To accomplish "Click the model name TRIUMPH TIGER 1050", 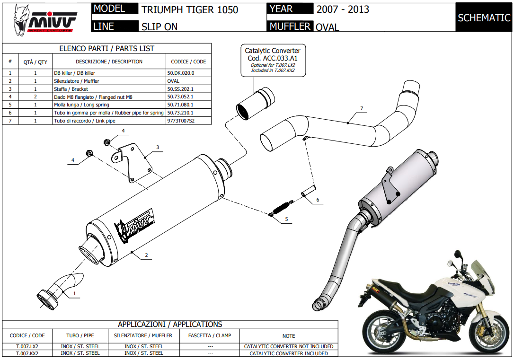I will pyautogui.click(x=189, y=9).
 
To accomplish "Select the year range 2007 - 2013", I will pyautogui.click(x=343, y=9).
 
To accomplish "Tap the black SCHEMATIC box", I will pyautogui.click(x=484, y=18).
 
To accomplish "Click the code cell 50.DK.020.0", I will pyautogui.click(x=181, y=73).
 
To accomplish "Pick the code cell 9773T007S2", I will pyautogui.click(x=181, y=121).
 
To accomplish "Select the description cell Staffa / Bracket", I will pyautogui.click(x=71, y=89).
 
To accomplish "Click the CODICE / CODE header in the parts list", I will pyautogui.click(x=188, y=61).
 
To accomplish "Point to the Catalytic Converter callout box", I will pyautogui.click(x=272, y=60).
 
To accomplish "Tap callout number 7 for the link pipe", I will pyautogui.click(x=362, y=109).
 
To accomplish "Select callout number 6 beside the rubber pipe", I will pyautogui.click(x=318, y=200).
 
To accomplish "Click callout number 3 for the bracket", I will pyautogui.click(x=158, y=147).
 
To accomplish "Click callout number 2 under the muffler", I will pyautogui.click(x=146, y=255).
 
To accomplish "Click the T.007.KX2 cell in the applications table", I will pyautogui.click(x=27, y=353).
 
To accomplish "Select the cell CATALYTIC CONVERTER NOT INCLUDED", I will pyautogui.click(x=289, y=346).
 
